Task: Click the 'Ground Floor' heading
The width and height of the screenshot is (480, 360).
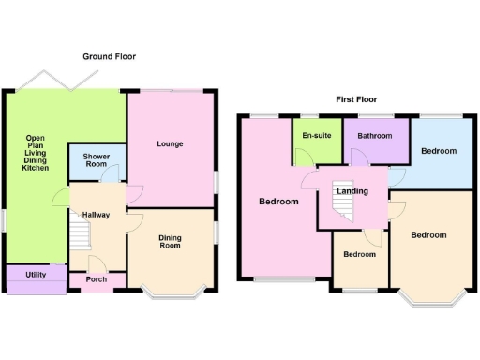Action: point(109,57)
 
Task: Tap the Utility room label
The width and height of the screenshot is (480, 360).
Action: point(36,275)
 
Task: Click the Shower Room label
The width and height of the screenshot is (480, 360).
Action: point(97,160)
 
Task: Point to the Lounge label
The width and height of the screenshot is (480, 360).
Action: point(170,143)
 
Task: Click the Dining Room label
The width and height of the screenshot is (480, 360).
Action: point(170,241)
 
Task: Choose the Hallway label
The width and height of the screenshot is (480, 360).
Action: point(97,215)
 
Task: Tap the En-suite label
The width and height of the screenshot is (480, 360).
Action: point(316,136)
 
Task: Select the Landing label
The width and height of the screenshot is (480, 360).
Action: point(352,191)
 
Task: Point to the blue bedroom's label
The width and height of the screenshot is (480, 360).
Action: point(439,151)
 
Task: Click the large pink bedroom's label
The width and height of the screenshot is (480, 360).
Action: point(278,202)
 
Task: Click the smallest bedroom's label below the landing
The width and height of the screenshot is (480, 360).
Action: point(359,254)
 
